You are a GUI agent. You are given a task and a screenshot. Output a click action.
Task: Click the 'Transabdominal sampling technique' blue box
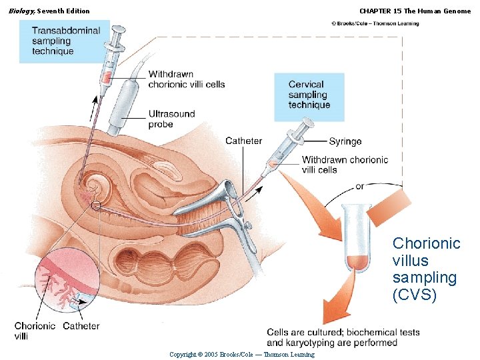tap(64, 41)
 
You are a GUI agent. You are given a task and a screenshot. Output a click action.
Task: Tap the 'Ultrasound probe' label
tap(171, 119)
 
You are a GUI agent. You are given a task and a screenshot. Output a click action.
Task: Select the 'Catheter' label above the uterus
tap(243, 141)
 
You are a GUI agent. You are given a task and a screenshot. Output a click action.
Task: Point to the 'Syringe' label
tap(345, 141)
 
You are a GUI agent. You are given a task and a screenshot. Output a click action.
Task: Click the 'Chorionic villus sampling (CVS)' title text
tap(425, 269)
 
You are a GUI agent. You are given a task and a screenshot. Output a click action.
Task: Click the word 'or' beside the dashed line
tap(360, 187)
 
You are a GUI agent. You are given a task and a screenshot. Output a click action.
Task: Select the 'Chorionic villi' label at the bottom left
tap(35, 331)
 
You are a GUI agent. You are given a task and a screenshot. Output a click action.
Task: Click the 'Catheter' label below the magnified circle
tap(81, 326)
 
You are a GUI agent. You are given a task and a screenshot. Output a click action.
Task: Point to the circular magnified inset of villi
tap(65, 281)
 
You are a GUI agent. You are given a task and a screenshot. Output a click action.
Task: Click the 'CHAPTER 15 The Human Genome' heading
tap(415, 11)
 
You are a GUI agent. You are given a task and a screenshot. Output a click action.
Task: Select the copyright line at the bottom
tap(241, 354)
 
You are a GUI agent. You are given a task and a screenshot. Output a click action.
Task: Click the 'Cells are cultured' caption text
tap(343, 337)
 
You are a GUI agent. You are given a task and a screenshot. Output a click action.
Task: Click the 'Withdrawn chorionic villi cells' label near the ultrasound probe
tap(186, 79)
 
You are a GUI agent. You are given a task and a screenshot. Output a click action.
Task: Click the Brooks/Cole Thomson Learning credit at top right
tap(375, 23)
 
